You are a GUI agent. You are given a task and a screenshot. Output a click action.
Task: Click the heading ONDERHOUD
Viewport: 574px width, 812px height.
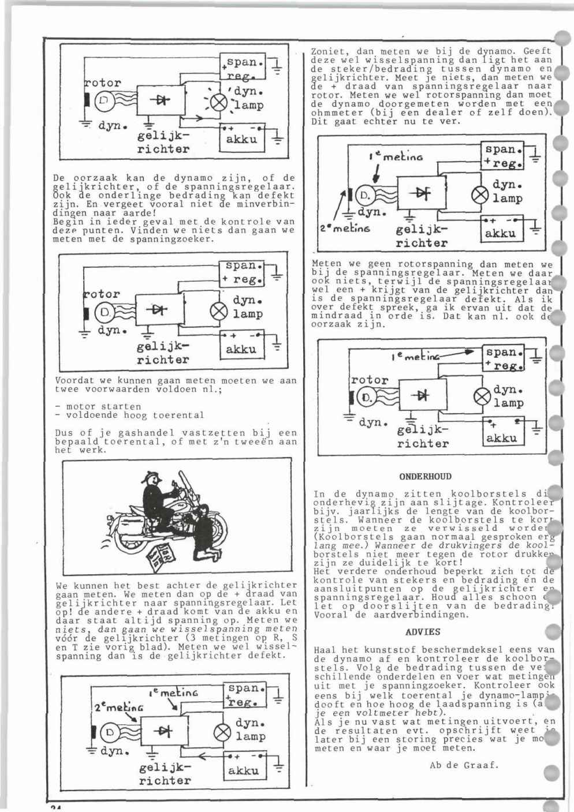(426, 477)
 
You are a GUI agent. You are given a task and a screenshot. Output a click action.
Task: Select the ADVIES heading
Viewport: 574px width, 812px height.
(423, 632)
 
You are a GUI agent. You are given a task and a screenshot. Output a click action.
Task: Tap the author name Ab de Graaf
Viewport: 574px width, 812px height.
(464, 766)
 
